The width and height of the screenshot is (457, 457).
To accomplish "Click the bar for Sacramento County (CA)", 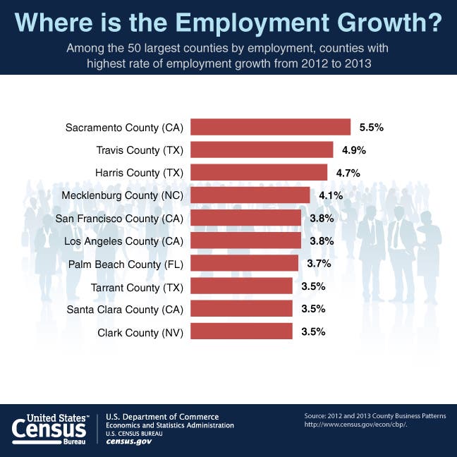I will [x=271, y=127].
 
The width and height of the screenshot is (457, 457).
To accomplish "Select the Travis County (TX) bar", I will [x=262, y=150].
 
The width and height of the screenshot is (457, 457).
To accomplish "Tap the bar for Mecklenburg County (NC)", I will [x=250, y=195].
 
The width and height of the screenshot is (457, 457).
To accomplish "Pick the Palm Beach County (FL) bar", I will [x=244, y=263].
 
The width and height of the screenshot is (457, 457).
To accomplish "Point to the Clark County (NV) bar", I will [x=241, y=331].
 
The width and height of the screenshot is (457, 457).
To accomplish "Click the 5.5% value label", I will [x=371, y=128].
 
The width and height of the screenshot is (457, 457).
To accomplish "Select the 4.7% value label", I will [x=348, y=173].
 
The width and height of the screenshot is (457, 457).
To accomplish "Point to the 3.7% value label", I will [x=318, y=264].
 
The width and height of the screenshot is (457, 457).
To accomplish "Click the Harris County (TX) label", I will [x=139, y=173].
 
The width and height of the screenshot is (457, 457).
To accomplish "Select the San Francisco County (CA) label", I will [x=119, y=218].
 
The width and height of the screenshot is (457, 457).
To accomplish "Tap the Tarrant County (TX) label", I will [x=138, y=286].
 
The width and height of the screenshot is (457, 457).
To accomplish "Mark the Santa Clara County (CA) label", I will [x=125, y=309].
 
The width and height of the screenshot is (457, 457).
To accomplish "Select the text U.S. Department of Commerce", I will [x=162, y=417].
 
